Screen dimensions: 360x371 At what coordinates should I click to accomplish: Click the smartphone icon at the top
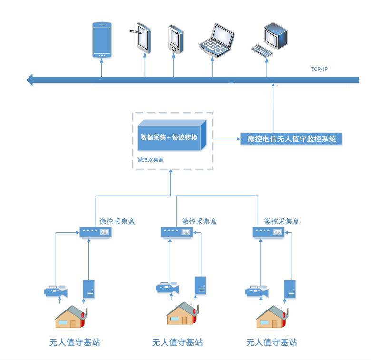[x=102, y=40]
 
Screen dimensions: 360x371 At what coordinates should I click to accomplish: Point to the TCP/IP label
[x=319, y=70]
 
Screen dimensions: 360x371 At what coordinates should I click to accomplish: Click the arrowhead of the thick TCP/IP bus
[x=30, y=80]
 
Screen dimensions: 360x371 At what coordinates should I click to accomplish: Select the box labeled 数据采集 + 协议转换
[x=171, y=137]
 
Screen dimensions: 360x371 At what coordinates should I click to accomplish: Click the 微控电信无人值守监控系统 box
[x=292, y=139]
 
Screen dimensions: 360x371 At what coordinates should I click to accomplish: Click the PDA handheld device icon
[x=175, y=39]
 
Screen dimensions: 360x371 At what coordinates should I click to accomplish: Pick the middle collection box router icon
[x=176, y=232]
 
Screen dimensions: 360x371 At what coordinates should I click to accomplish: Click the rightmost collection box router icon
[x=268, y=232]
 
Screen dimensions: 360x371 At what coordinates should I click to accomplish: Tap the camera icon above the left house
[x=56, y=290]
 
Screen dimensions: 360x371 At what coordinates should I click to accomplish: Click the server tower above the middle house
[x=200, y=285]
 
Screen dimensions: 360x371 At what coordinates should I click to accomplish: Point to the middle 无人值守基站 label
[x=177, y=342]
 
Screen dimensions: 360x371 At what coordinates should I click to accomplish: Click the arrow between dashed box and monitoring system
[x=226, y=139]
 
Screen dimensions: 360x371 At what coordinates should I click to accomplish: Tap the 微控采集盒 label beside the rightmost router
[x=282, y=221]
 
